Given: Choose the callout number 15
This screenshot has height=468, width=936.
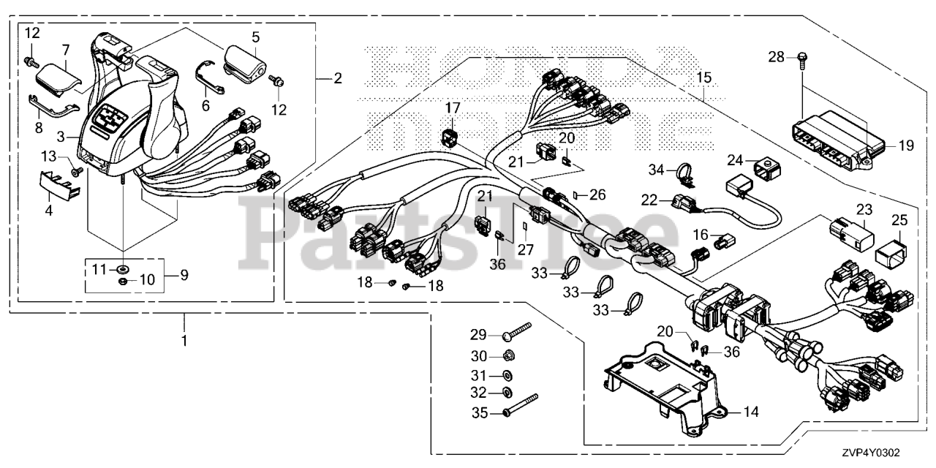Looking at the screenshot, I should tap(703, 77).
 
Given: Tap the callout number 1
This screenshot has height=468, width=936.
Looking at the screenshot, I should tap(184, 341).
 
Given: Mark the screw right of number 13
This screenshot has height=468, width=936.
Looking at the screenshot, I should tap(75, 172).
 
